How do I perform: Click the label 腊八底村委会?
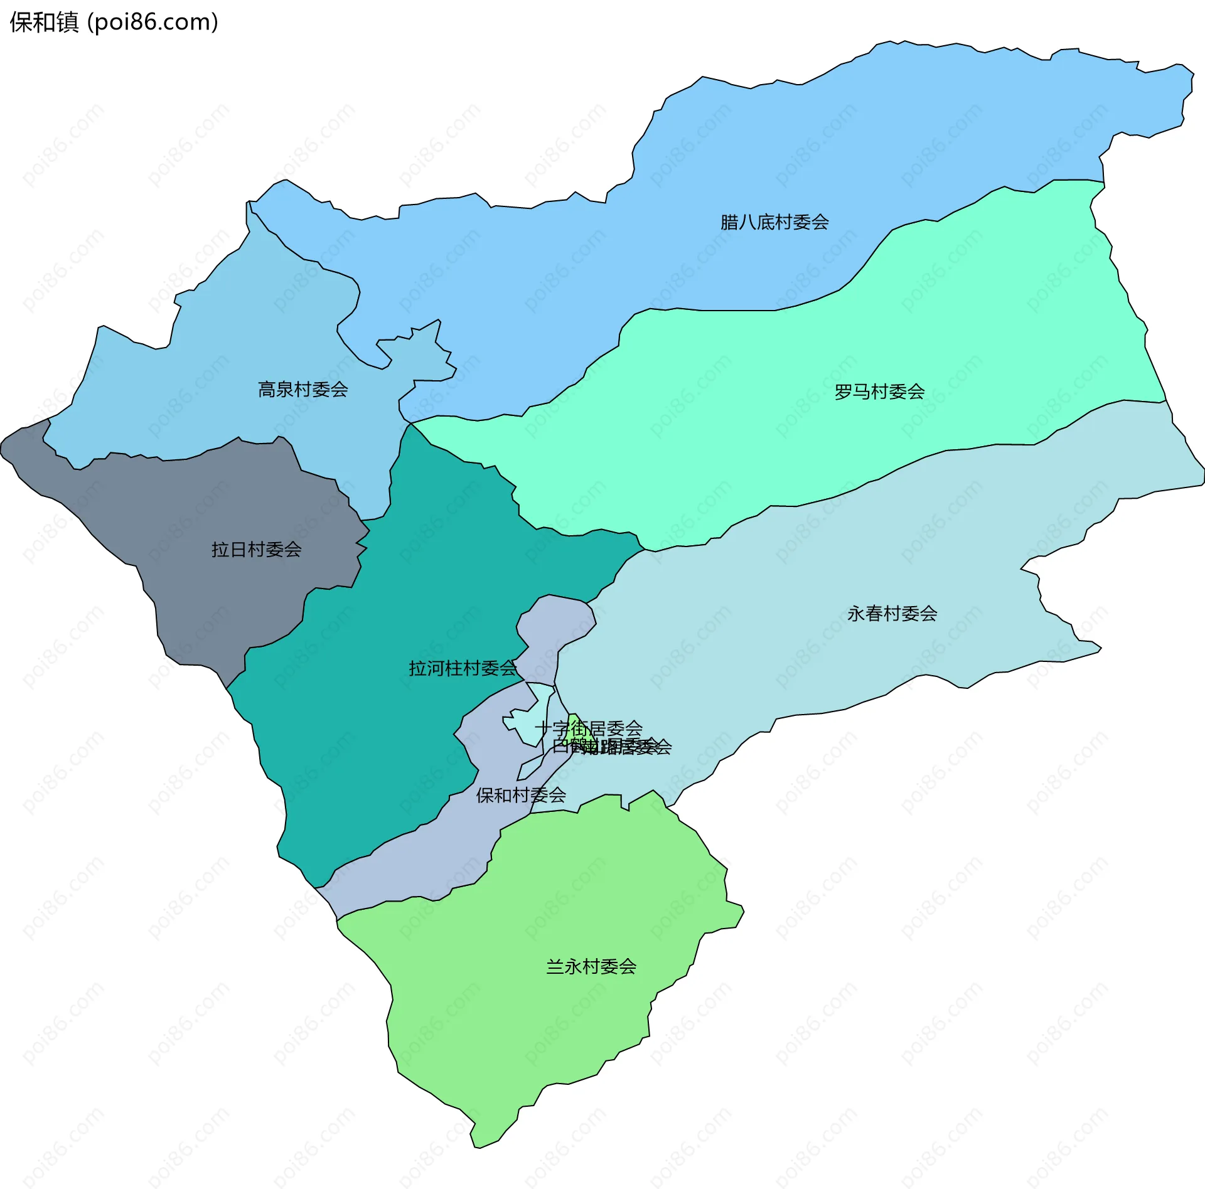pyautogui.click(x=774, y=222)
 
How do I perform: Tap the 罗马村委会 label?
pyautogui.click(x=879, y=392)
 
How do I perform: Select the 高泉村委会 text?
pyautogui.click(x=303, y=390)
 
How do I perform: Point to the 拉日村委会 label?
pyautogui.click(x=256, y=550)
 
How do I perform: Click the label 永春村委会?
pyautogui.click(x=892, y=614)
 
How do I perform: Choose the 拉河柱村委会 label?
pyautogui.click(x=463, y=668)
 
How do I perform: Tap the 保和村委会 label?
pyautogui.click(x=521, y=795)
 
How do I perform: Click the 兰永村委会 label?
pyautogui.click(x=591, y=966)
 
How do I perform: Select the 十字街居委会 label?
pyautogui.click(x=589, y=728)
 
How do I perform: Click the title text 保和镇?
pyautogui.click(x=44, y=22)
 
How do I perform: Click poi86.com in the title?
pyautogui.click(x=153, y=22)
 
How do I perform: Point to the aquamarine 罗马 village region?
pyautogui.click(x=816, y=439)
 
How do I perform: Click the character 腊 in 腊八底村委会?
pyautogui.click(x=729, y=222)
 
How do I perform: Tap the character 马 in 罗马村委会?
pyautogui.click(x=861, y=392)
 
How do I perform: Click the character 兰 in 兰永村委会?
pyautogui.click(x=555, y=966)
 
